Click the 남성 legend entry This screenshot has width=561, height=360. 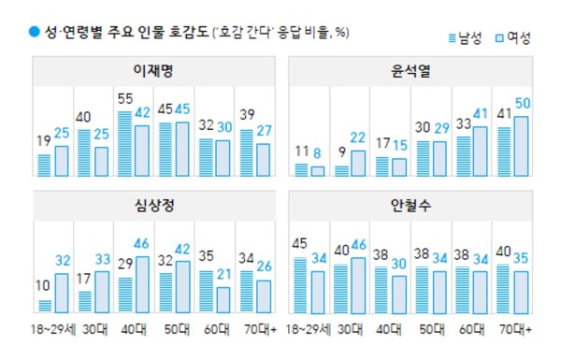click(x=468, y=37)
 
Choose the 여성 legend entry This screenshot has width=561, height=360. click(x=512, y=37)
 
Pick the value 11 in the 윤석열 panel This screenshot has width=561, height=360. click(x=300, y=151)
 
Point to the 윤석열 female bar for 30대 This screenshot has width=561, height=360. click(x=357, y=164)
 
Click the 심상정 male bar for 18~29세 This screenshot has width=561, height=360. click(x=44, y=306)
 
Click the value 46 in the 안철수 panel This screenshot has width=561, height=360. click(x=358, y=246)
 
